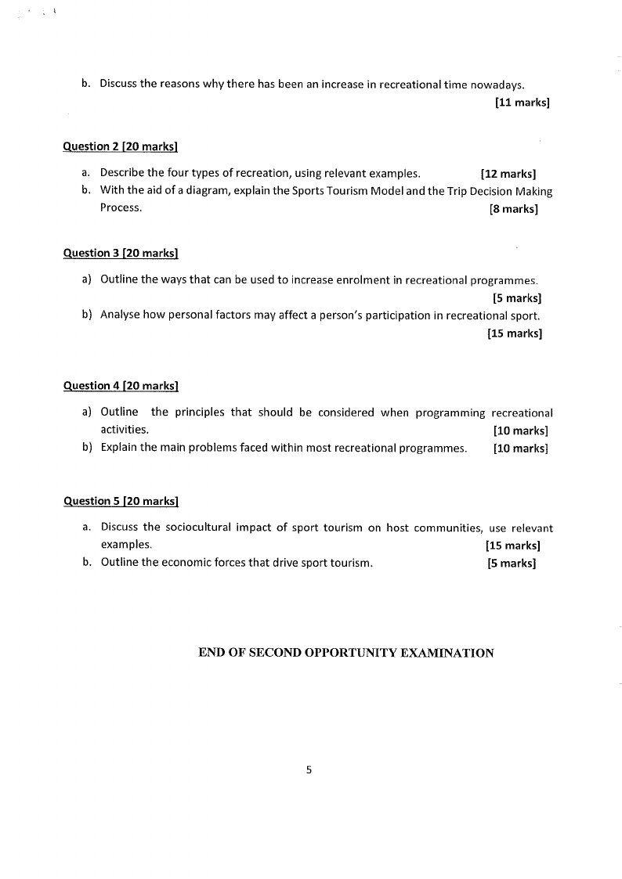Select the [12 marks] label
coord(508,174)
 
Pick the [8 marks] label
coord(513,209)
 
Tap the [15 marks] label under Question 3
coord(514,333)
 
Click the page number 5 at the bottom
coord(309,769)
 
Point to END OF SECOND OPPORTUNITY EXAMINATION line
coord(346,653)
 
